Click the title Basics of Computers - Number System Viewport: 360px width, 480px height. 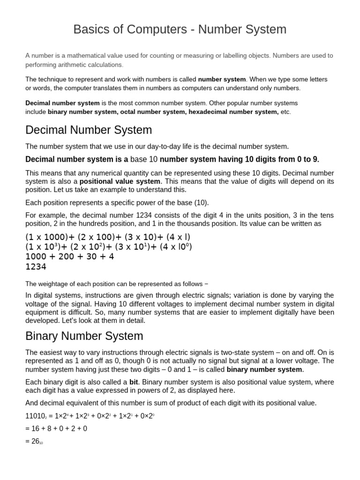pyautogui.click(x=180, y=30)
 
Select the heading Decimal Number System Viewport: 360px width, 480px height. pyautogui.click(x=89, y=130)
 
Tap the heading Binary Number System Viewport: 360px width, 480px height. pyautogui.click(x=84, y=336)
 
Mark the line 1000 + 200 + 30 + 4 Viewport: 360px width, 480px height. pyautogui.click(x=69, y=257)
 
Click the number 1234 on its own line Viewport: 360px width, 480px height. pyautogui.click(x=36, y=267)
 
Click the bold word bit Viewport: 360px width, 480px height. pyautogui.click(x=134, y=382)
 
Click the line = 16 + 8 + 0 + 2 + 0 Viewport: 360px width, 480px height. pyautogui.click(x=56, y=428)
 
